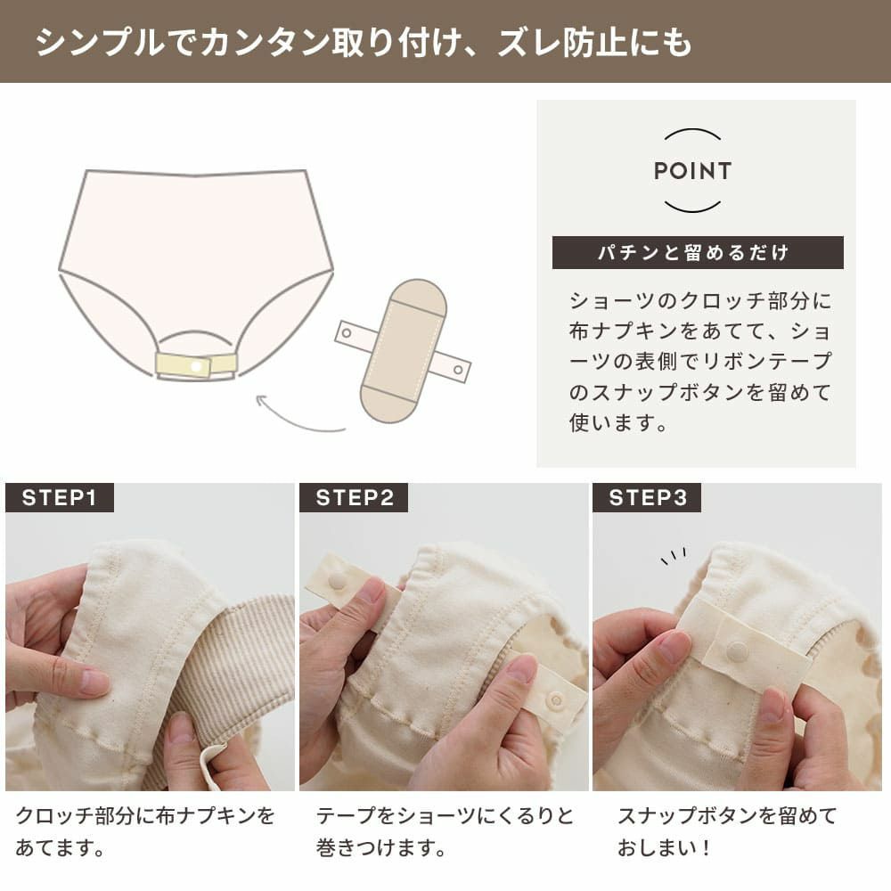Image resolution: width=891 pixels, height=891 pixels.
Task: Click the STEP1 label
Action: pyautogui.click(x=59, y=497)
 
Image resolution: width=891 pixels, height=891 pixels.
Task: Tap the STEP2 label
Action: pyautogui.click(x=354, y=497)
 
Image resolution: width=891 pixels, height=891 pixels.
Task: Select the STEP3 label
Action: pyautogui.click(x=647, y=497)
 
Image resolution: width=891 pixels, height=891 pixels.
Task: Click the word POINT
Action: pyautogui.click(x=692, y=171)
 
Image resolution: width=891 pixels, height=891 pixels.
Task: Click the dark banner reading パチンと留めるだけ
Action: pyautogui.click(x=697, y=253)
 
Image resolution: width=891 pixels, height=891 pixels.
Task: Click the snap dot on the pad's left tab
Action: pyautogui.click(x=348, y=333)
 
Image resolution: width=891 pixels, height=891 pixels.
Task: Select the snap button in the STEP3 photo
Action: pyautogui.click(x=737, y=651)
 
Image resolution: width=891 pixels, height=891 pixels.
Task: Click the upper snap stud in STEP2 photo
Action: pyautogui.click(x=338, y=580)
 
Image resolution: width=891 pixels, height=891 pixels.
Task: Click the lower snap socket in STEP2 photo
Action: pyautogui.click(x=556, y=700)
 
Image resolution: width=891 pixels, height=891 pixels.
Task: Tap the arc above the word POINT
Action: pyautogui.click(x=692, y=135)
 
